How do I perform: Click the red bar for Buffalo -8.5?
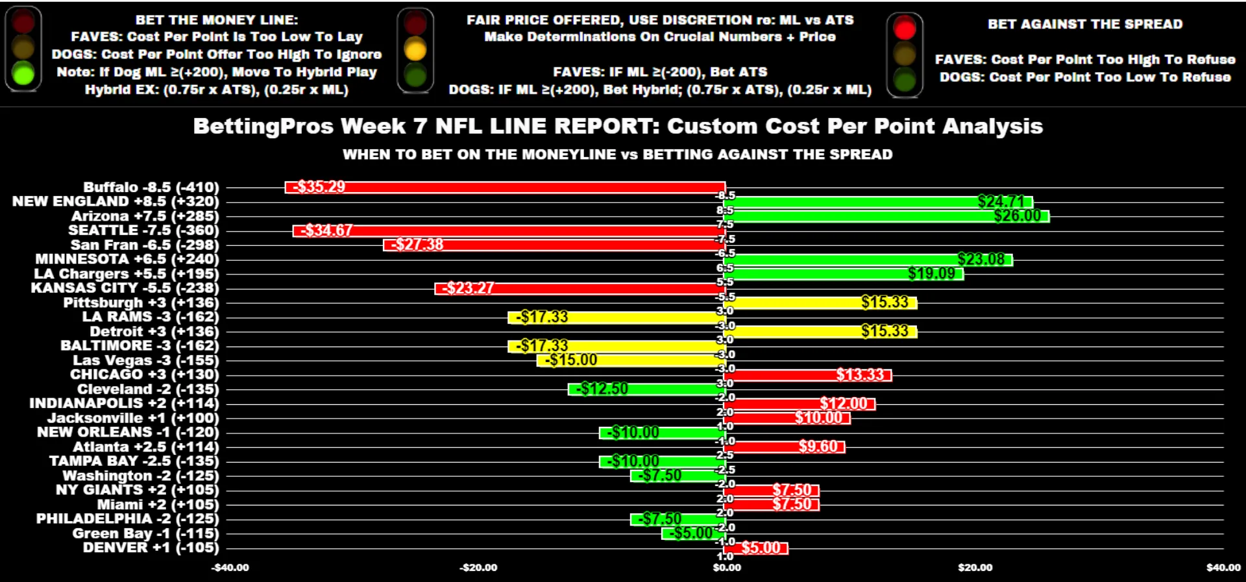coord(505,188)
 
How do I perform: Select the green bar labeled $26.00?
coord(886,216)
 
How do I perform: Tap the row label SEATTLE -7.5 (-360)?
coord(143,230)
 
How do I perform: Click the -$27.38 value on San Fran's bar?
coord(417,245)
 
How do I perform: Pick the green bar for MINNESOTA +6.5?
coord(868,260)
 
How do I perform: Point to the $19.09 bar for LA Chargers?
coord(844,274)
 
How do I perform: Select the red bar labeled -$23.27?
coord(580,288)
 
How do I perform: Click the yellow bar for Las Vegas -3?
coord(631,360)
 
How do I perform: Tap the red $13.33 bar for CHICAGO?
coord(808,375)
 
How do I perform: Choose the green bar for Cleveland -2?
coord(646,389)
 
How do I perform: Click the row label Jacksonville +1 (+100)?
coord(133,418)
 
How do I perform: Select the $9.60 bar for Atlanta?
coord(785,446)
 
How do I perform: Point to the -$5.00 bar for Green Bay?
coord(693,533)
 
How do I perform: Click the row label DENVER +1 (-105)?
coord(151,548)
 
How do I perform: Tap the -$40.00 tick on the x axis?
coord(230,568)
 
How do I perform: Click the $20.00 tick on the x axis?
coord(975,568)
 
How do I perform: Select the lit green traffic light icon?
coord(23,49)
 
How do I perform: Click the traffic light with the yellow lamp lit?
coord(415,49)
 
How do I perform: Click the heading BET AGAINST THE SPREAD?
coord(1085,25)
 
